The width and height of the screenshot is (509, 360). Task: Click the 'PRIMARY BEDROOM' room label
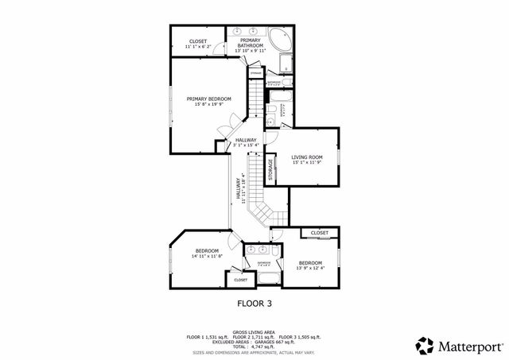208,99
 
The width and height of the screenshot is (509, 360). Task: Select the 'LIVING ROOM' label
306,157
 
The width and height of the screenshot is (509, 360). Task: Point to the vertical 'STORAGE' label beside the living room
270,169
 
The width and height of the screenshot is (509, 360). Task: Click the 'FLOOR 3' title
254,303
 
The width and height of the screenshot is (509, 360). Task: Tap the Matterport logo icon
425,346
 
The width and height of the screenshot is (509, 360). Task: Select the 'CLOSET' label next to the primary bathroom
198,41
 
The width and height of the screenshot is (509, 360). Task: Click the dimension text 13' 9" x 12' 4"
310,269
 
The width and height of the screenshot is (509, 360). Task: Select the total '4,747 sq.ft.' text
274,346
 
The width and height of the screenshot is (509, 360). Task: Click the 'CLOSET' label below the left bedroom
240,280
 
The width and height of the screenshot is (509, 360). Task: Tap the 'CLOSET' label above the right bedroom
319,233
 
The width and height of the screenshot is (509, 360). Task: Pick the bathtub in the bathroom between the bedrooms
264,278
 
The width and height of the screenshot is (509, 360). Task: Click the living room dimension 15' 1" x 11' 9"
306,163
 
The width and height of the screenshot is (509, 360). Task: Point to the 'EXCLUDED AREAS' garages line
254,341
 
